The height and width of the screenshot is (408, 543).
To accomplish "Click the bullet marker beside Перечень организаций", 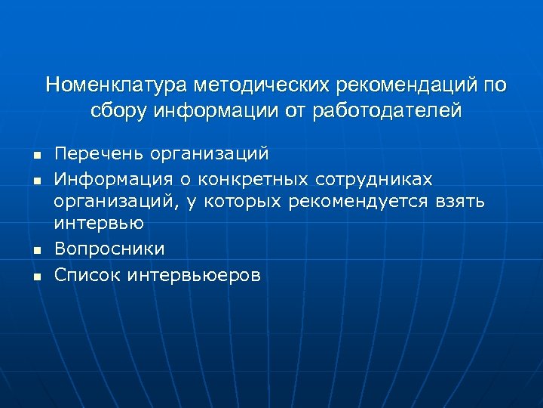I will pos(35,156).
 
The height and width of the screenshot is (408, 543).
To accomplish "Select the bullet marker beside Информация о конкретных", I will pos(35,181).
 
